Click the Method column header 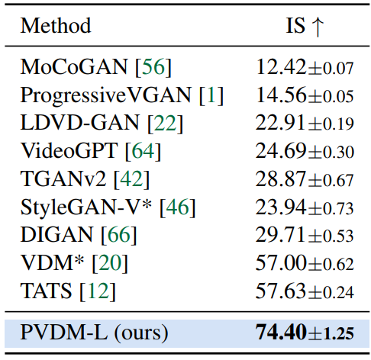tap(56, 25)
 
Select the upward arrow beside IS tap(318, 27)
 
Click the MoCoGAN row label tap(73, 67)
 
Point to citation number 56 tap(153, 67)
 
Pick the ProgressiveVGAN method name tap(105, 95)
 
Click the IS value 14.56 tap(281, 95)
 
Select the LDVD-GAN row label tap(79, 123)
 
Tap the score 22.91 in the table tap(280, 123)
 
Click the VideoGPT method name tap(69, 150)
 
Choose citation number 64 tap(143, 150)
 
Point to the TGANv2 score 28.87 tap(280, 178)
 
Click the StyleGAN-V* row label tap(86, 207)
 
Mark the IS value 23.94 tap(280, 207)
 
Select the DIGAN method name tap(56, 234)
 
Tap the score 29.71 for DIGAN tap(280, 234)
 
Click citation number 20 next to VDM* tap(110, 262)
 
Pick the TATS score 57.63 tap(280, 291)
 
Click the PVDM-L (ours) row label tap(94, 333)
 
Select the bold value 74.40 tap(281, 332)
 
